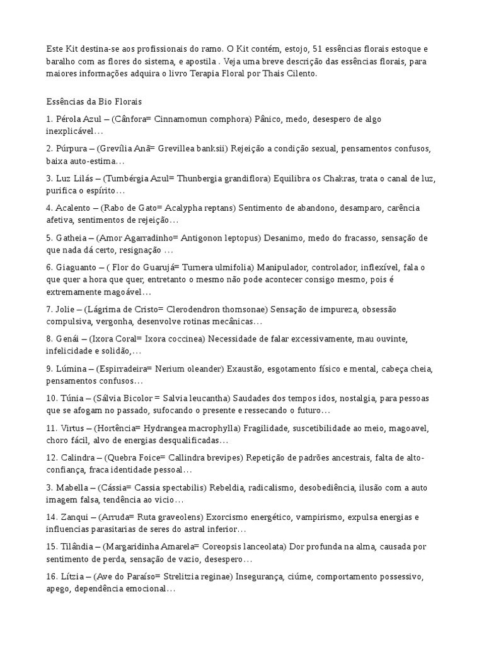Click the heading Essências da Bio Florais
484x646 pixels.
pyautogui.click(x=94, y=101)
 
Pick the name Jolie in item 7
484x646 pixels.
pyautogui.click(x=67, y=309)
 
